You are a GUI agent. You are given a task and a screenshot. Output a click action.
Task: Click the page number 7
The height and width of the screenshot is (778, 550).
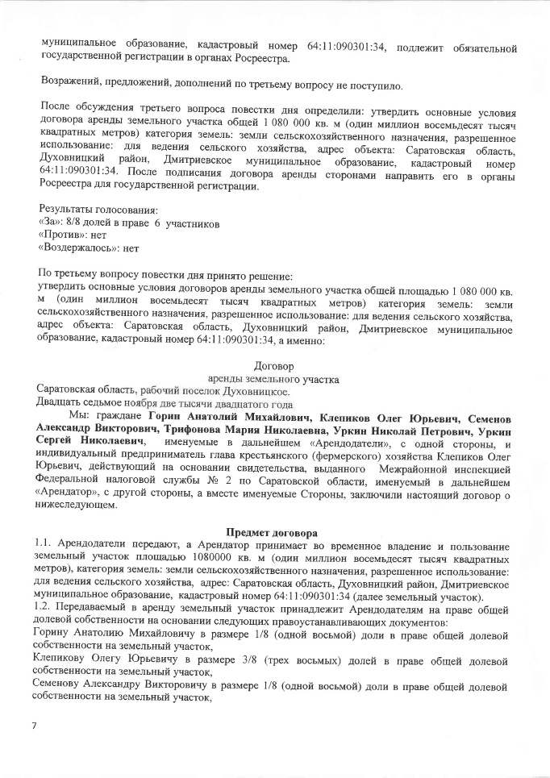pyautogui.click(x=35, y=726)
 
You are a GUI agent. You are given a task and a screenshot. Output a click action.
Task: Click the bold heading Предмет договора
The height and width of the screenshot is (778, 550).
pyautogui.click(x=276, y=533)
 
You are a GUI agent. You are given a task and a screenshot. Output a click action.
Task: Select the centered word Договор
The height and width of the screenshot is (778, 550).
pyautogui.click(x=274, y=366)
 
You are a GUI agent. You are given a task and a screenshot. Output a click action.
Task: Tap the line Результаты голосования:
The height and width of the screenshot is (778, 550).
pyautogui.click(x=89, y=210)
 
